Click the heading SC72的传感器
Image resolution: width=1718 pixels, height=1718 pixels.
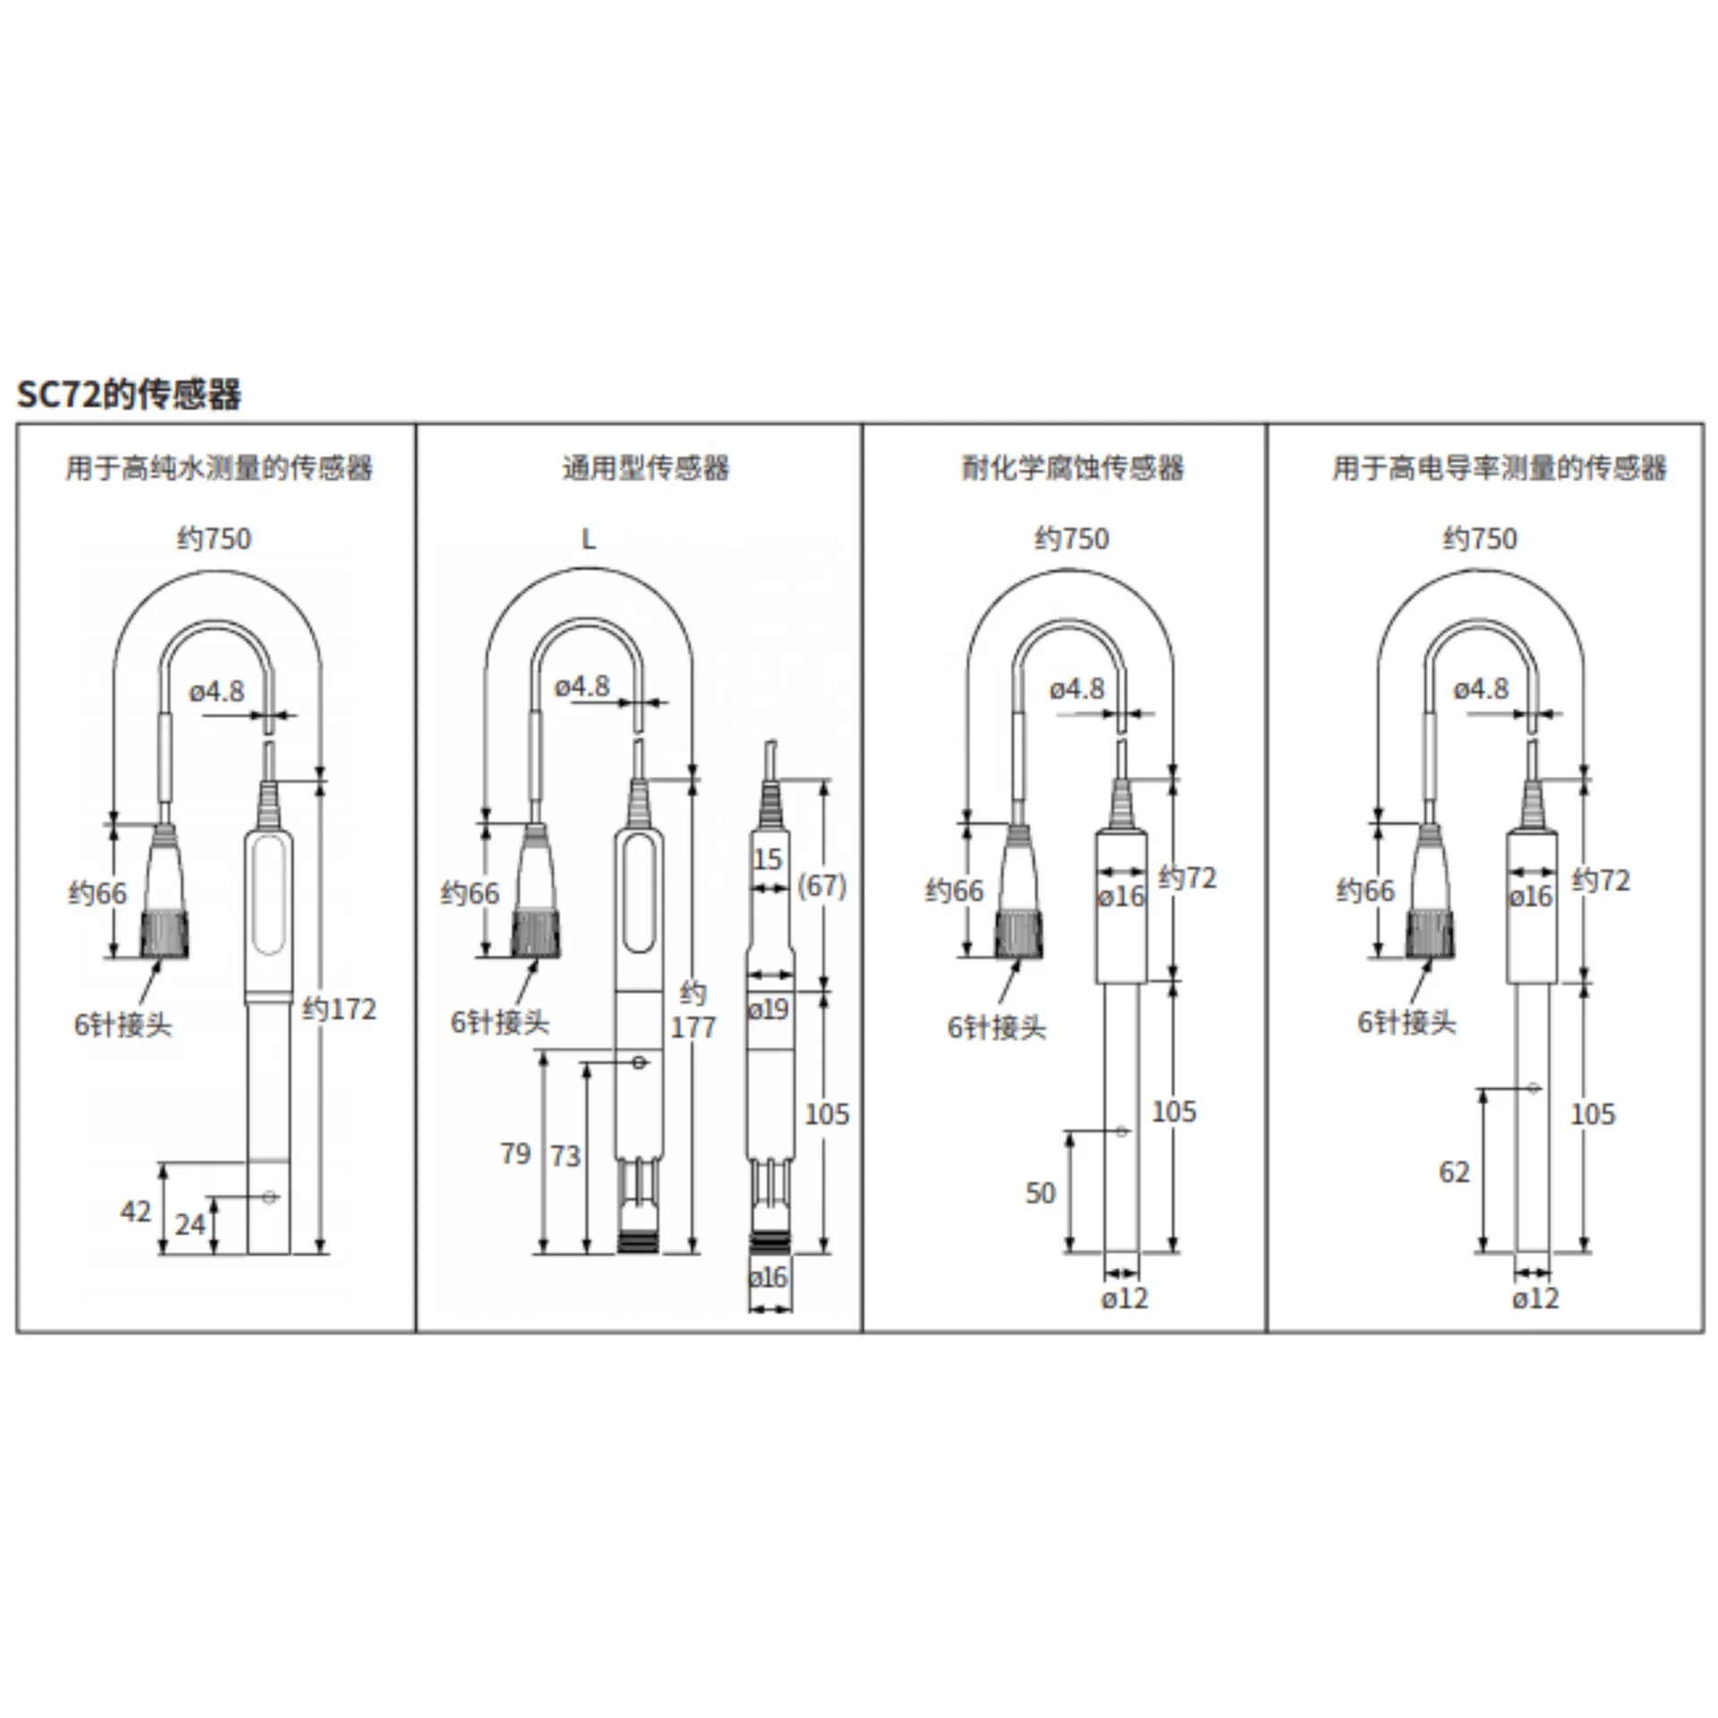pyautogui.click(x=130, y=394)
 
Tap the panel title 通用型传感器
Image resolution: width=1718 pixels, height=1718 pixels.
pyautogui.click(x=646, y=467)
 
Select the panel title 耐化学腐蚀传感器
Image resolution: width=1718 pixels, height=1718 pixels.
pyautogui.click(x=1073, y=467)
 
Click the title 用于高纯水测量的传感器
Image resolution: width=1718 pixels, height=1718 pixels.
pyautogui.click(x=219, y=467)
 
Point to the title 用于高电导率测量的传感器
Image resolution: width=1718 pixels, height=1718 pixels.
pyautogui.click(x=1500, y=467)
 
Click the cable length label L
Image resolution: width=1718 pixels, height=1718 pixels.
pyautogui.click(x=588, y=539)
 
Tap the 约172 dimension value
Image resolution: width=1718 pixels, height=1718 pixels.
pyautogui.click(x=339, y=1009)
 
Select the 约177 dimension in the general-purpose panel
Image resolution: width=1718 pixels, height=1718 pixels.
pyautogui.click(x=693, y=1010)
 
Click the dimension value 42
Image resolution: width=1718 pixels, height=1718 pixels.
pyautogui.click(x=136, y=1212)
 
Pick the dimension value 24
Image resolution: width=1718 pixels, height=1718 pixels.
pyautogui.click(x=190, y=1224)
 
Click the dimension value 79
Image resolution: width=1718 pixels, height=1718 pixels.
pyautogui.click(x=515, y=1153)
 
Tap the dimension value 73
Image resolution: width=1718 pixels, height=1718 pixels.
pyautogui.click(x=566, y=1156)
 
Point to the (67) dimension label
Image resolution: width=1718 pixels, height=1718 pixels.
pyautogui.click(x=821, y=885)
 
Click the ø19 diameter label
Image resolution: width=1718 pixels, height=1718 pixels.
pyautogui.click(x=769, y=1009)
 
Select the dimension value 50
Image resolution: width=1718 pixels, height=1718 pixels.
pyautogui.click(x=1041, y=1193)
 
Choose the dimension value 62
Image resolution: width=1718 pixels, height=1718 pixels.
pyautogui.click(x=1454, y=1172)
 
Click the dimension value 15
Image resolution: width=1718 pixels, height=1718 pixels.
pyautogui.click(x=768, y=859)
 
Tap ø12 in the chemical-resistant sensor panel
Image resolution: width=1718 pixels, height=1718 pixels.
pyautogui.click(x=1124, y=1298)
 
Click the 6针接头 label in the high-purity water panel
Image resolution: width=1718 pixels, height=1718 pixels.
pyautogui.click(x=123, y=1025)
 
